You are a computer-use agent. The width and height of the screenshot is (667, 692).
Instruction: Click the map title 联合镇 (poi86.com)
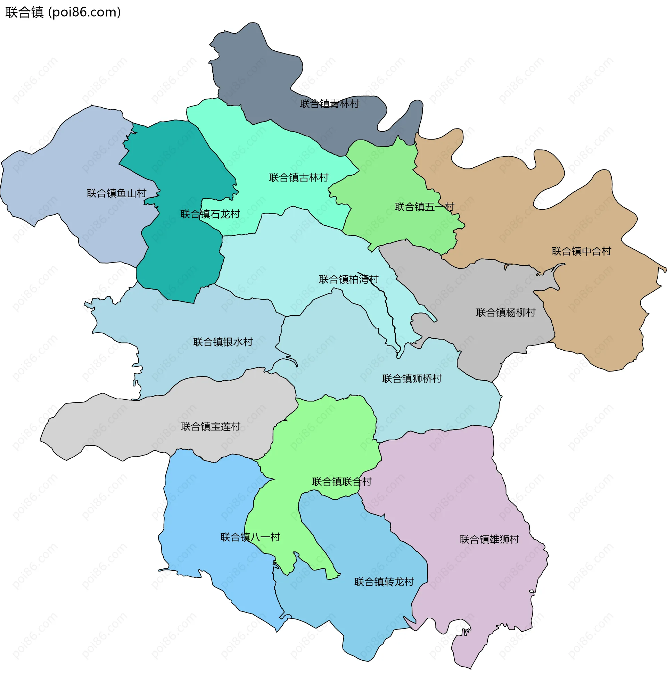pyautogui.click(x=63, y=12)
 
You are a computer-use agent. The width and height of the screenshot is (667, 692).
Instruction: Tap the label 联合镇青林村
pyautogui.click(x=329, y=103)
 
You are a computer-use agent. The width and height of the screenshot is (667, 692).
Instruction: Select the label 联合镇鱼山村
pyautogui.click(x=116, y=193)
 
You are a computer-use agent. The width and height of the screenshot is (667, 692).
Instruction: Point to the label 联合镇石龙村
pyautogui.click(x=210, y=214)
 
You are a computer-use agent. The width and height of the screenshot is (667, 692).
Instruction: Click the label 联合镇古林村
pyautogui.click(x=298, y=177)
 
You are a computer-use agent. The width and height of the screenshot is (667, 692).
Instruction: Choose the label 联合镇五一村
pyautogui.click(x=424, y=207)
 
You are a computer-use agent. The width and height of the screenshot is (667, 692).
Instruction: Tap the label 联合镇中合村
pyautogui.click(x=581, y=251)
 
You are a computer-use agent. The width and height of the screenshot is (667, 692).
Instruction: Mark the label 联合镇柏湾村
pyautogui.click(x=348, y=279)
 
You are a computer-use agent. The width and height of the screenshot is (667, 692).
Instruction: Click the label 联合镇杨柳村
pyautogui.click(x=505, y=312)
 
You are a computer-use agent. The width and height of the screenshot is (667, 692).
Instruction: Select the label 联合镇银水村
pyautogui.click(x=223, y=342)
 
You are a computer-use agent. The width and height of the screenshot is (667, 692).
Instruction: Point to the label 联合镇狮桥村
pyautogui.click(x=412, y=378)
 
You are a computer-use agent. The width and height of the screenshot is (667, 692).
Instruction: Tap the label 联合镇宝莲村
pyautogui.click(x=210, y=426)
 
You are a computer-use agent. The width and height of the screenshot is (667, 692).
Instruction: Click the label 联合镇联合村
pyautogui.click(x=341, y=482)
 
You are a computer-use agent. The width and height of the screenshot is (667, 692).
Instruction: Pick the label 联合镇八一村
pyautogui.click(x=250, y=537)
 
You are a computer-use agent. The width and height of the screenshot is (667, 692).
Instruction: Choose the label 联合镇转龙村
pyautogui.click(x=384, y=582)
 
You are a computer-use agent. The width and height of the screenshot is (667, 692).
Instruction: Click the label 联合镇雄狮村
pyautogui.click(x=489, y=539)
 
